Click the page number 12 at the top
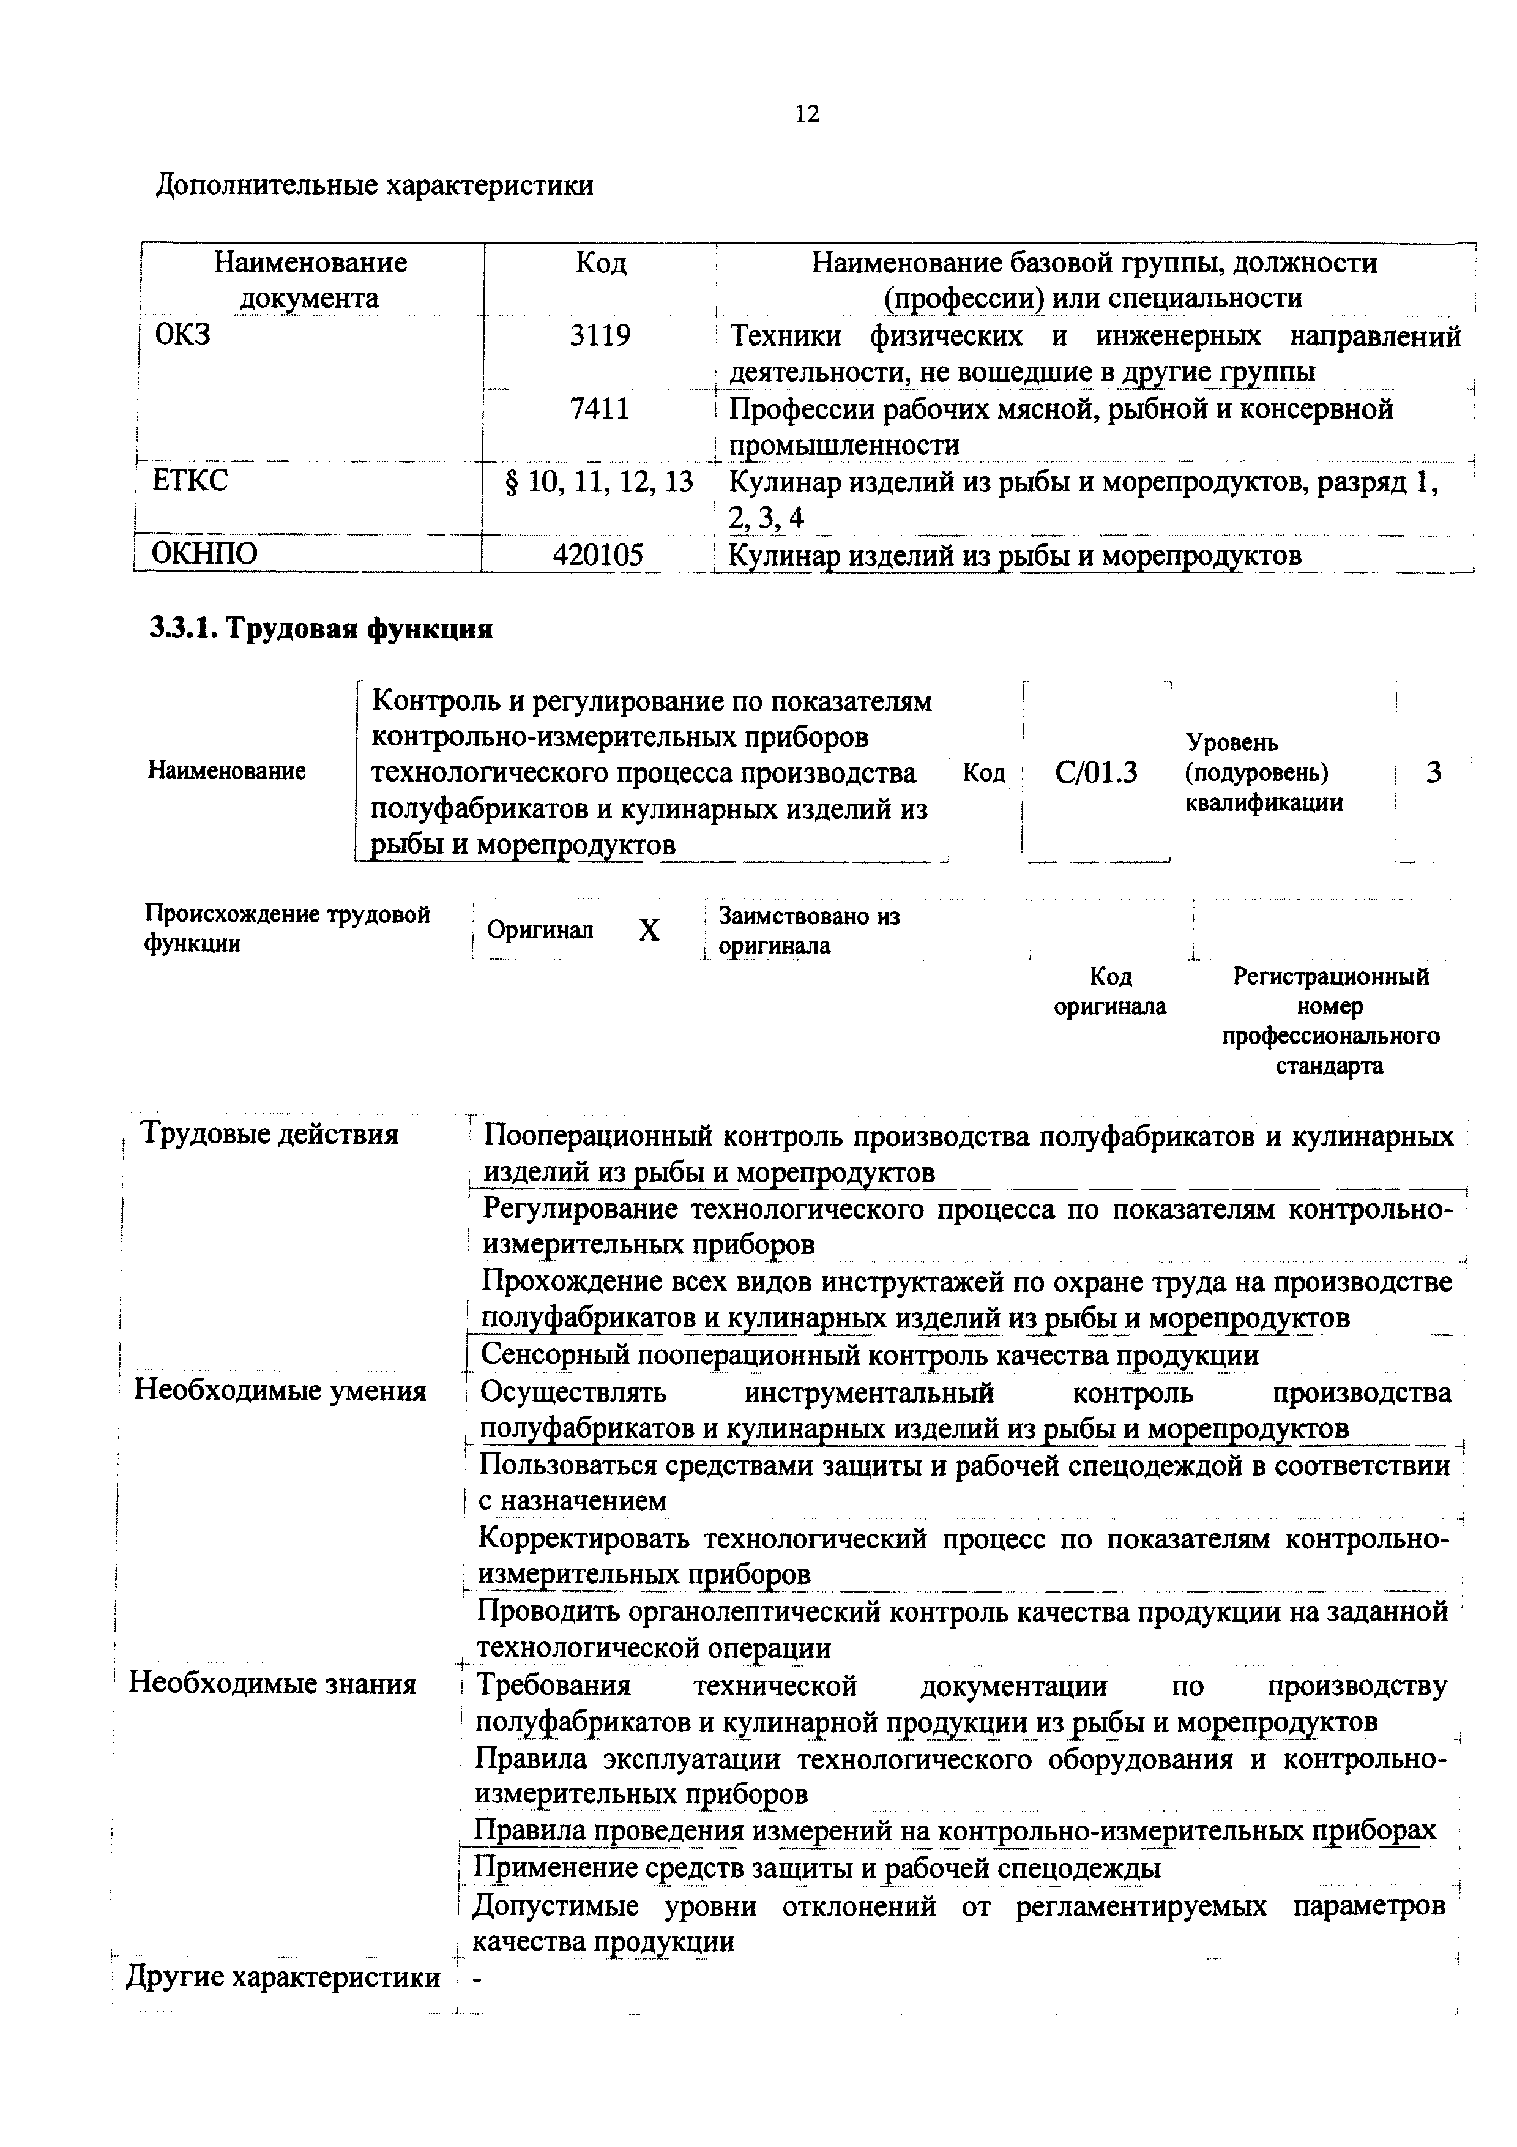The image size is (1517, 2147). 807,114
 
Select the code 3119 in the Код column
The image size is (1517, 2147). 600,335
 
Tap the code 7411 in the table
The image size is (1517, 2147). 600,409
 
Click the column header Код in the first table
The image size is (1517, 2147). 600,263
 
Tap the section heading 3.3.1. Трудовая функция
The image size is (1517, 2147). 321,629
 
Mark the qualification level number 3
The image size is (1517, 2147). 1433,772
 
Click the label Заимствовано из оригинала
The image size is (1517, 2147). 808,930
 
